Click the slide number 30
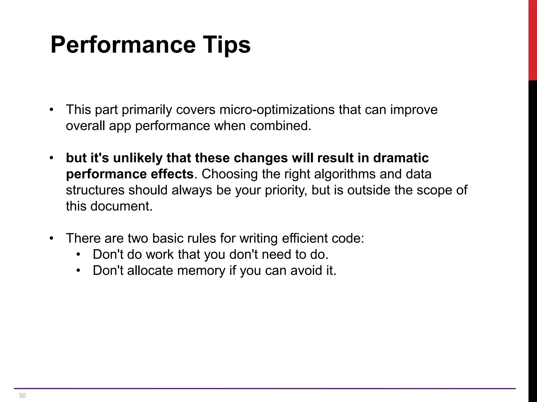pyautogui.click(x=22, y=395)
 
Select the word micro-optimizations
pyautogui.click(x=277, y=109)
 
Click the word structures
pyautogui.click(x=95, y=190)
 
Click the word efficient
pyautogui.click(x=305, y=238)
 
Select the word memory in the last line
pyautogui.click(x=201, y=270)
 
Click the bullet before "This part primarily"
pyautogui.click(x=52, y=110)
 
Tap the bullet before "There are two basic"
pyautogui.click(x=52, y=238)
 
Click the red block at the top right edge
pyautogui.click(x=533, y=39)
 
